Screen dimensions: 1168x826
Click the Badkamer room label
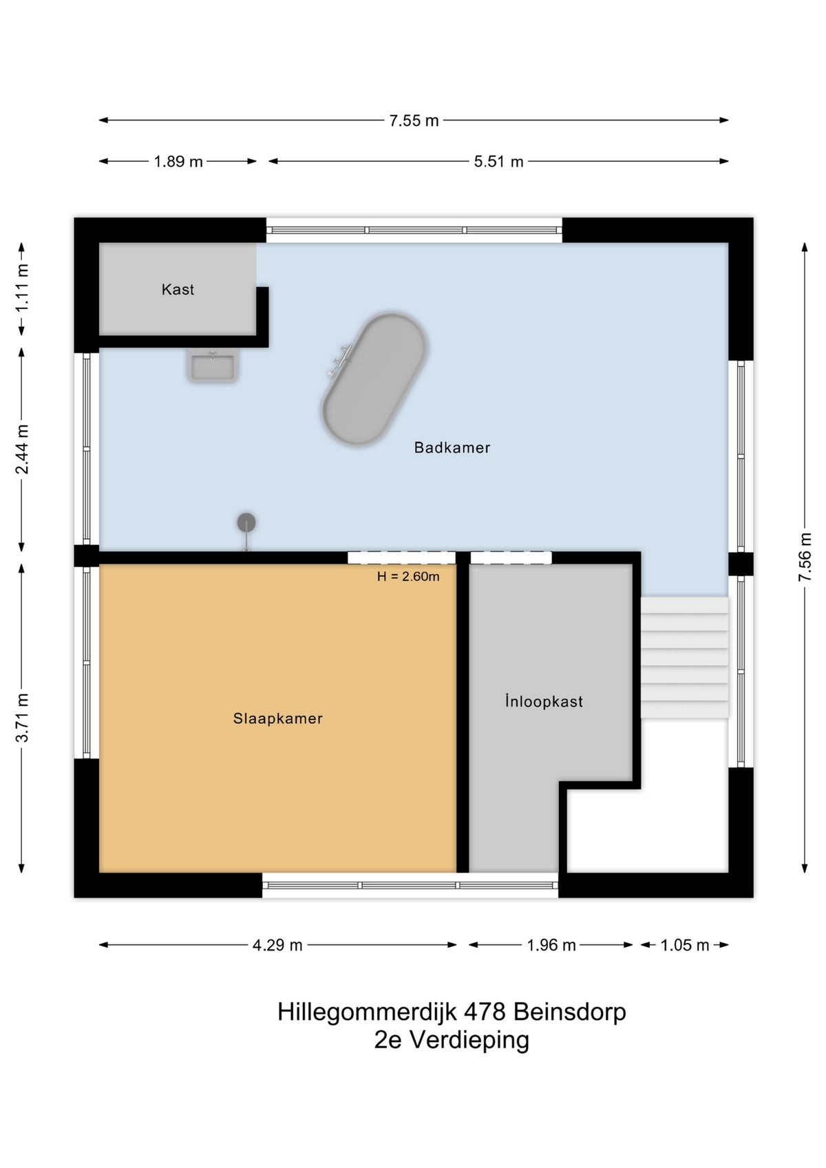452,447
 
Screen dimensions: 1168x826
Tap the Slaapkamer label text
277,719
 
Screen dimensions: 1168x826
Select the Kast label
178,290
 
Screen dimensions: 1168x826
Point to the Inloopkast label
544,701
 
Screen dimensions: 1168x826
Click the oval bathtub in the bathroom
374,379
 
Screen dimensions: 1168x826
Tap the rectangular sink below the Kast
212,365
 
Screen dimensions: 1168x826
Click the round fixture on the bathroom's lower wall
246,524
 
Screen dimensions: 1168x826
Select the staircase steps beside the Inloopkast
684,657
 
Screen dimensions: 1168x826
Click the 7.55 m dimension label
414,120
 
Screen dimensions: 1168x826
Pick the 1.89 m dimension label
178,162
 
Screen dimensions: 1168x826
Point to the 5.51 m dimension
498,162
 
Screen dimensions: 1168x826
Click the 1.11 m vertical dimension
22,288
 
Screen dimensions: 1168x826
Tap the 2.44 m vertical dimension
22,449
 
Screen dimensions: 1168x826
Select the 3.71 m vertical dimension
22,718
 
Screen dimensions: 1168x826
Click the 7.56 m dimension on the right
805,557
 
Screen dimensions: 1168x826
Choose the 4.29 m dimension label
277,945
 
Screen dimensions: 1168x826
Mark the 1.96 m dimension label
551,945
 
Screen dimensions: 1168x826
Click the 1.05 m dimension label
684,945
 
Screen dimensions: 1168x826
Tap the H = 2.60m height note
408,577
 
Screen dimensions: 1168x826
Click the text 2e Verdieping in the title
452,1040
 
